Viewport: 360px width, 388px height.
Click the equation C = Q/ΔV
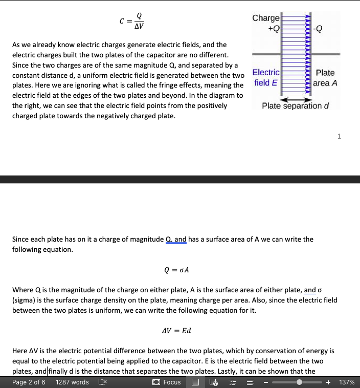click(132, 21)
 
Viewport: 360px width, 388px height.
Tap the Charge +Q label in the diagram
click(266, 23)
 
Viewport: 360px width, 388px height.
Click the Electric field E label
click(266, 78)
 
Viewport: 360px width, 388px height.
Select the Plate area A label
click(325, 78)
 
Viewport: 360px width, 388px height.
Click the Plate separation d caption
click(295, 106)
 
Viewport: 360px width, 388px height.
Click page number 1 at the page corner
click(339, 136)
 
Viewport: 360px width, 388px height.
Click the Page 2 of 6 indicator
click(29, 382)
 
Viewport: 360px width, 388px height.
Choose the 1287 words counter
click(72, 382)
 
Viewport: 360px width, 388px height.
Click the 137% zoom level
click(347, 382)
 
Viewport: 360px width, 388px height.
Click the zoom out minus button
click(266, 382)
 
